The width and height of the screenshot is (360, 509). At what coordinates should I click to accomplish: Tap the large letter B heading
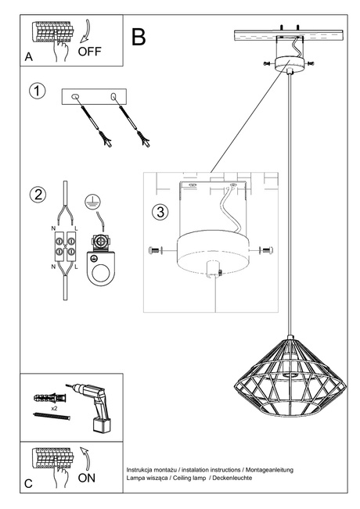pyautogui.click(x=139, y=36)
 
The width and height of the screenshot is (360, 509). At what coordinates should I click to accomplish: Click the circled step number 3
pyautogui.click(x=159, y=212)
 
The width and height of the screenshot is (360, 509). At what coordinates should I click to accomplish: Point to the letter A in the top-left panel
pyautogui.click(x=28, y=57)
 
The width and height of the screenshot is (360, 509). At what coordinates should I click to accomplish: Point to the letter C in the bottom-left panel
pyautogui.click(x=28, y=484)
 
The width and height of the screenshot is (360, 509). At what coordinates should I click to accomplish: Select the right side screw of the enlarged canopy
pyautogui.click(x=268, y=250)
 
